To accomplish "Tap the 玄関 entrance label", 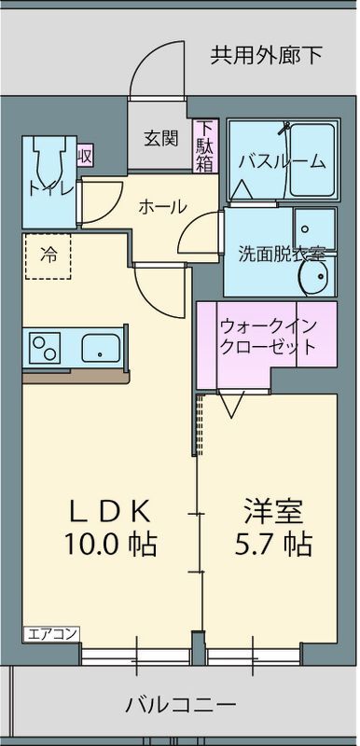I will tap(159, 138).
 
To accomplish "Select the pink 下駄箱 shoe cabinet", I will tap(205, 147).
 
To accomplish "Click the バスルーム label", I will tap(283, 161).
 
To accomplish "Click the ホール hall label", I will tap(162, 207).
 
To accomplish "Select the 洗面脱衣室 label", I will tap(281, 253).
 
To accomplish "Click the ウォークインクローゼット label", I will tap(267, 337).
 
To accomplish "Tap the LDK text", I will tap(109, 512).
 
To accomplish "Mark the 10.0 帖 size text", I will tap(109, 542).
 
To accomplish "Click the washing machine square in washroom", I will tap(314, 226).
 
